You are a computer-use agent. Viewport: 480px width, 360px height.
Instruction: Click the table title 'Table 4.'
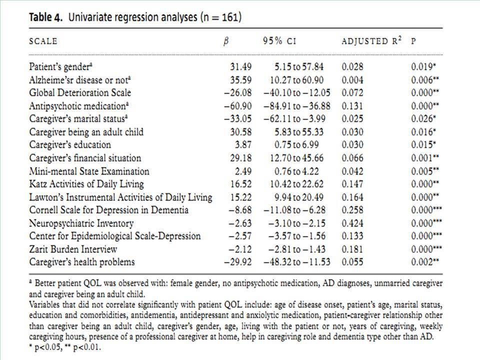point(45,17)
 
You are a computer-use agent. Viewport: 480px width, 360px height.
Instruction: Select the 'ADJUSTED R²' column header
point(371,40)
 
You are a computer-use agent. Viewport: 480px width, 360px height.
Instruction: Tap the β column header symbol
point(226,41)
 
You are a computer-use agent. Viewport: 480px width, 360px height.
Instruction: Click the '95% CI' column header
point(279,41)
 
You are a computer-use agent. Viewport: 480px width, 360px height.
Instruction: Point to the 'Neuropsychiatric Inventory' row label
point(81,223)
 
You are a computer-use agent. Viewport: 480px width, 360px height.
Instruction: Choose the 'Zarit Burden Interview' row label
point(73,249)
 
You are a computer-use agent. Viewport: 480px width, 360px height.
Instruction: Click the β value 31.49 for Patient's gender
point(241,66)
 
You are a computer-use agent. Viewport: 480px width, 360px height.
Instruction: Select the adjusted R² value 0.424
point(352,223)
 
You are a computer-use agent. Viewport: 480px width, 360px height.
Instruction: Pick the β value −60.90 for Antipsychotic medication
point(238,106)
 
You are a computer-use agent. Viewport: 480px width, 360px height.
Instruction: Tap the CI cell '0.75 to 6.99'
point(296,145)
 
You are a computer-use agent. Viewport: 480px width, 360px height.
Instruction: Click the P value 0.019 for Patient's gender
point(423,66)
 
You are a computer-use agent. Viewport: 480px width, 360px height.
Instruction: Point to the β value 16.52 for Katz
point(241,184)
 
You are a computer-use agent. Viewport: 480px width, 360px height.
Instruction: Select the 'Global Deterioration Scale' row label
point(80,93)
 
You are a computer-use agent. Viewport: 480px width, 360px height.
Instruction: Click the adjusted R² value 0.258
point(352,210)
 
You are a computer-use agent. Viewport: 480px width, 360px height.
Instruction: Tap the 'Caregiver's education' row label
point(70,145)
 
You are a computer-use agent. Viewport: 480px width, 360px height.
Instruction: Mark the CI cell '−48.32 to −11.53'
point(297,262)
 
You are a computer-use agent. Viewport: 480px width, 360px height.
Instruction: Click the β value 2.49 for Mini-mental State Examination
point(243,171)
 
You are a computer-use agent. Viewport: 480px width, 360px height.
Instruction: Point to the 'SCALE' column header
point(43,41)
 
